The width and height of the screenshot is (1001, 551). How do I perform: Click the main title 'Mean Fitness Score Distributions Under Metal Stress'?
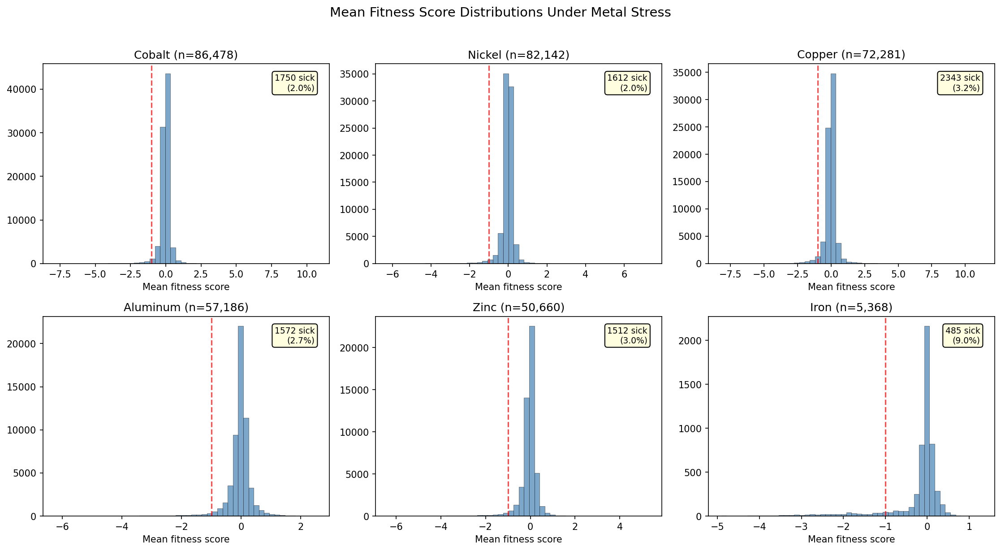[500, 13]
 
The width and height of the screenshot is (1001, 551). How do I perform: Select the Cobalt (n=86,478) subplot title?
[186, 55]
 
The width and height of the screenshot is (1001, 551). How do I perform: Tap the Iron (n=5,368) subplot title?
[851, 308]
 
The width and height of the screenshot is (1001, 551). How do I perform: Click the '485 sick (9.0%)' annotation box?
[962, 335]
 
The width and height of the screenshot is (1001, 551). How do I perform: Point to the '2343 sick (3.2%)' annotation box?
[960, 83]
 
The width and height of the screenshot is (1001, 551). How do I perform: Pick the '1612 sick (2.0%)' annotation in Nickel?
[627, 83]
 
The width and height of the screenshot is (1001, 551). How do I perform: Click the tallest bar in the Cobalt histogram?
[168, 170]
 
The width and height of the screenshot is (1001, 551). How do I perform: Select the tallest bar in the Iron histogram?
[927, 421]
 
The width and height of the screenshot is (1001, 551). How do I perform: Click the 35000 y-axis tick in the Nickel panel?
[357, 74]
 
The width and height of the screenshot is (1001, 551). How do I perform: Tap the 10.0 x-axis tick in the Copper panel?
[965, 274]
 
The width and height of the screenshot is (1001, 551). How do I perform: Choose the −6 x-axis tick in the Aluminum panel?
[62, 527]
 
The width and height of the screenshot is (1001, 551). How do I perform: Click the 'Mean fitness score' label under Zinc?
[518, 539]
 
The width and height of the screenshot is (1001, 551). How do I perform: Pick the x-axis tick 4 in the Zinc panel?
[620, 527]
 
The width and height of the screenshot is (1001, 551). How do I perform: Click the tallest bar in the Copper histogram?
[833, 170]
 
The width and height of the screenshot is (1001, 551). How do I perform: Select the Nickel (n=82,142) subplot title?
[518, 55]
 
